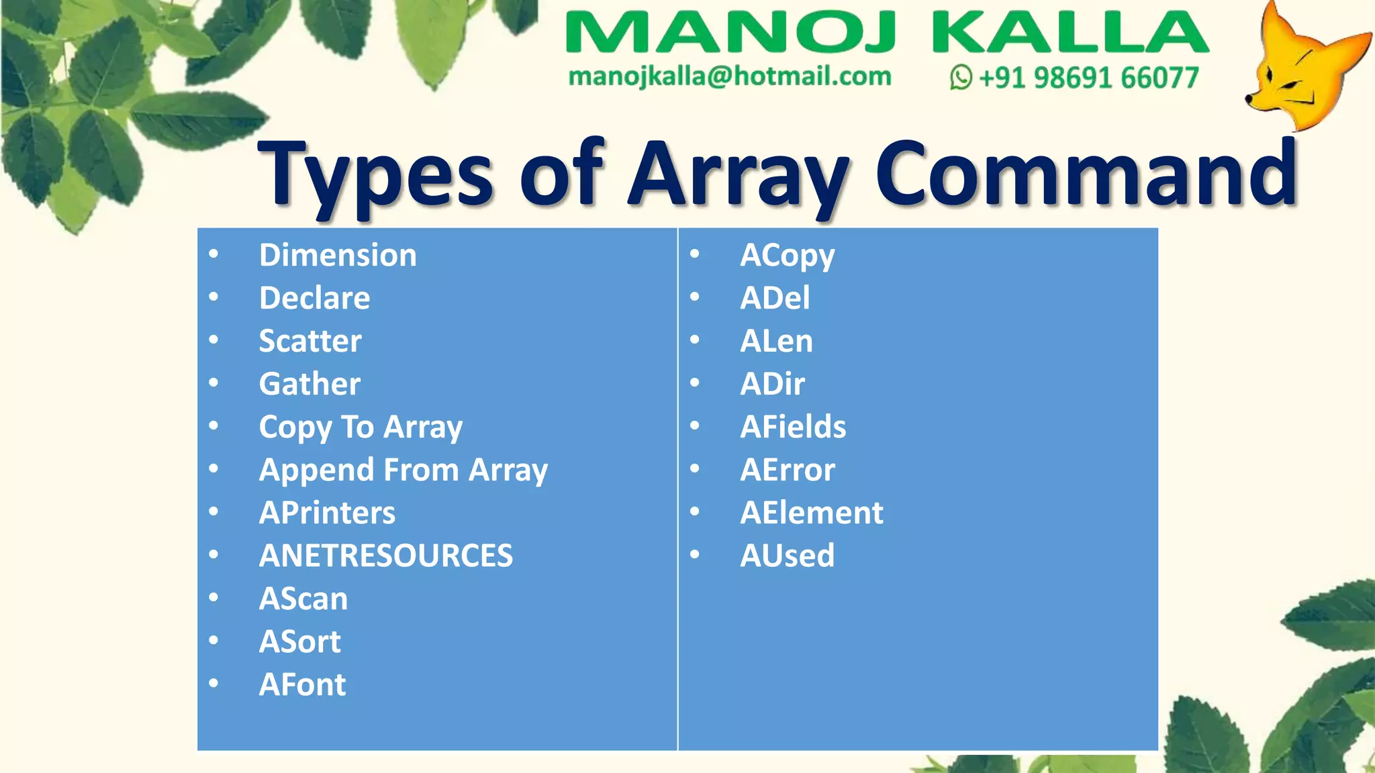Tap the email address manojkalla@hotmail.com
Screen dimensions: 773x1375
pyautogui.click(x=730, y=76)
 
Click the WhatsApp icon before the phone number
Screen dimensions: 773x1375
pyautogui.click(x=961, y=77)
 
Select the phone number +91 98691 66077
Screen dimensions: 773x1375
pyautogui.click(x=1088, y=78)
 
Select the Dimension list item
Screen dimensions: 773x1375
pyautogui.click(x=338, y=255)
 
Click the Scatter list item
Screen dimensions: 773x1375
pyautogui.click(x=310, y=341)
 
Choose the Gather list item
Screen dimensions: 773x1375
pyautogui.click(x=310, y=384)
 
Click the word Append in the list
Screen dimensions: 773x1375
pyautogui.click(x=316, y=470)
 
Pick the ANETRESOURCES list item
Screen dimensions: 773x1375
pyautogui.click(x=386, y=556)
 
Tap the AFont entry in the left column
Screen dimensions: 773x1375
pyautogui.click(x=302, y=684)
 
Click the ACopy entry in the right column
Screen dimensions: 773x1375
pyautogui.click(x=788, y=256)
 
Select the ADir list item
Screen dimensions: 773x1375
pyautogui.click(x=772, y=384)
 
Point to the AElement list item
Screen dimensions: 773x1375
pyautogui.click(x=812, y=513)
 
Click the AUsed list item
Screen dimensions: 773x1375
pyautogui.click(x=787, y=556)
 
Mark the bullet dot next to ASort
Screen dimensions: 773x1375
pyautogui.click(x=214, y=640)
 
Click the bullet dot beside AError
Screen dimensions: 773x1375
pyautogui.click(x=695, y=468)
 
